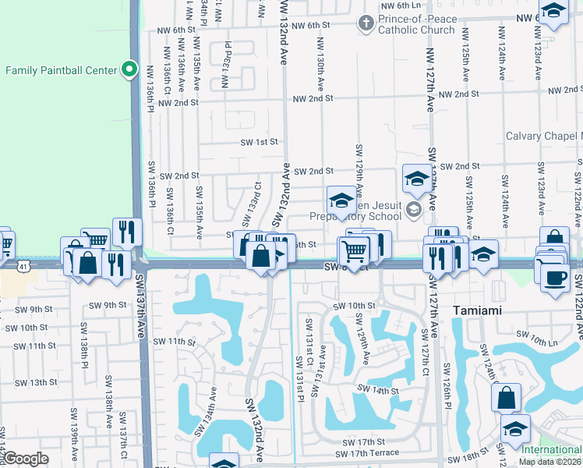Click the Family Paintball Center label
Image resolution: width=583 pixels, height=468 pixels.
61,70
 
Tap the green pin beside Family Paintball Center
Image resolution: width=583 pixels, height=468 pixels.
130,69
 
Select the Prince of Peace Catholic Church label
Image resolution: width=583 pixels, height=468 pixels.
416,24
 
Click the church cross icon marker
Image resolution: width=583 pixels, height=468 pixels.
366,23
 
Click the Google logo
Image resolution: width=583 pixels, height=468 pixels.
26,459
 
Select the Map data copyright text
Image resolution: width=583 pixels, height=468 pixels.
550,461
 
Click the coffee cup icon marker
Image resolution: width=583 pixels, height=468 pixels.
554,278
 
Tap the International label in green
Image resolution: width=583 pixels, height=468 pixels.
551,450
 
